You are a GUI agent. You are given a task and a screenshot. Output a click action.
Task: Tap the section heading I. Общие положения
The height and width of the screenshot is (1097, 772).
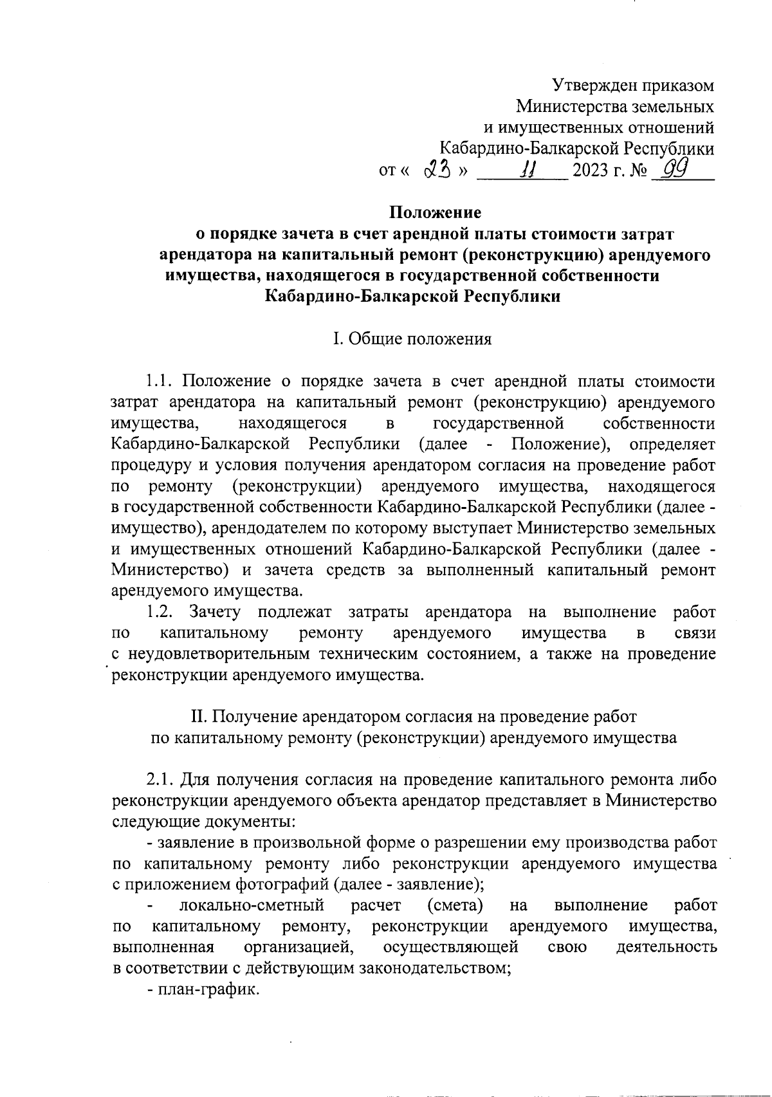[412, 339]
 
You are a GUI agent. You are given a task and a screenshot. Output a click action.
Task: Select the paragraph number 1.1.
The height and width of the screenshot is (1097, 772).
[160, 381]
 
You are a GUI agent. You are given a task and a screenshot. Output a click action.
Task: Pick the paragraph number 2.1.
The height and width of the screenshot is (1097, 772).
[160, 780]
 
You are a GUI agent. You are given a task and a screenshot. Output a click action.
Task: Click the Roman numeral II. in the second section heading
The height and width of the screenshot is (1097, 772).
[196, 716]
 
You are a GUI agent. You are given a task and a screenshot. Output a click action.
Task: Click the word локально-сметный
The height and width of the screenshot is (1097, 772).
[251, 906]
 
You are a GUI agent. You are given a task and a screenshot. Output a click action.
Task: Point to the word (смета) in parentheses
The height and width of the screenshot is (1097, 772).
[455, 906]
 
